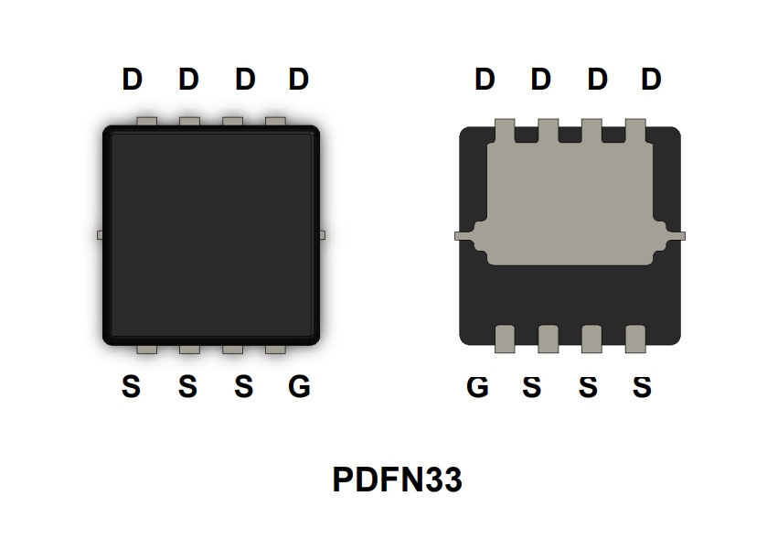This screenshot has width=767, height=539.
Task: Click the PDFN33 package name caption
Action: pyautogui.click(x=397, y=480)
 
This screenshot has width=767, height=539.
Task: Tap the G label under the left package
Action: pyautogui.click(x=299, y=386)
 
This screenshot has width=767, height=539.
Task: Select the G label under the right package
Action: pyautogui.click(x=477, y=386)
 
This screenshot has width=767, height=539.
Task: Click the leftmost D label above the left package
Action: pyautogui.click(x=132, y=79)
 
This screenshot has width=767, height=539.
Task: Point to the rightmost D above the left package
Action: pyautogui.click(x=298, y=79)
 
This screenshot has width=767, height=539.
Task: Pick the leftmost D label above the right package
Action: pyautogui.click(x=485, y=79)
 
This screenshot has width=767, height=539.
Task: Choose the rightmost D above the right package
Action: pyautogui.click(x=651, y=79)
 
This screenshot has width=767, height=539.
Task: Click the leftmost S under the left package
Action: pyautogui.click(x=131, y=386)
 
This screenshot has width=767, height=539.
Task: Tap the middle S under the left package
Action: pyautogui.click(x=187, y=386)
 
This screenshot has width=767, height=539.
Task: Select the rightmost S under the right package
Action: pyautogui.click(x=642, y=386)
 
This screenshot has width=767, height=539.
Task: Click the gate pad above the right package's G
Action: pyautogui.click(x=505, y=339)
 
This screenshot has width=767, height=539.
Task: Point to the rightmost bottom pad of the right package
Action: pyautogui.click(x=635, y=339)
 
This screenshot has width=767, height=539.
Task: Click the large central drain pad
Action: pyautogui.click(x=570, y=203)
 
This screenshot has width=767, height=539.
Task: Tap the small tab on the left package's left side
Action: pyautogui.click(x=100, y=235)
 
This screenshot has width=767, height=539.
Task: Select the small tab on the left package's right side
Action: pyautogui.click(x=323, y=235)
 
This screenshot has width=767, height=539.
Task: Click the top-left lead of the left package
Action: pyautogui.click(x=147, y=122)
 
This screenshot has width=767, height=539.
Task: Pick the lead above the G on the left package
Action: pyautogui.click(x=275, y=350)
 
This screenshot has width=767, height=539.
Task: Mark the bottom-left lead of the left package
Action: pyautogui.click(x=147, y=350)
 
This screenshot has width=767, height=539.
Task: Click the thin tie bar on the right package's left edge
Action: pyautogui.click(x=463, y=236)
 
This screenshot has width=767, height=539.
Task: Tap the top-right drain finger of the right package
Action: pyautogui.click(x=635, y=131)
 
